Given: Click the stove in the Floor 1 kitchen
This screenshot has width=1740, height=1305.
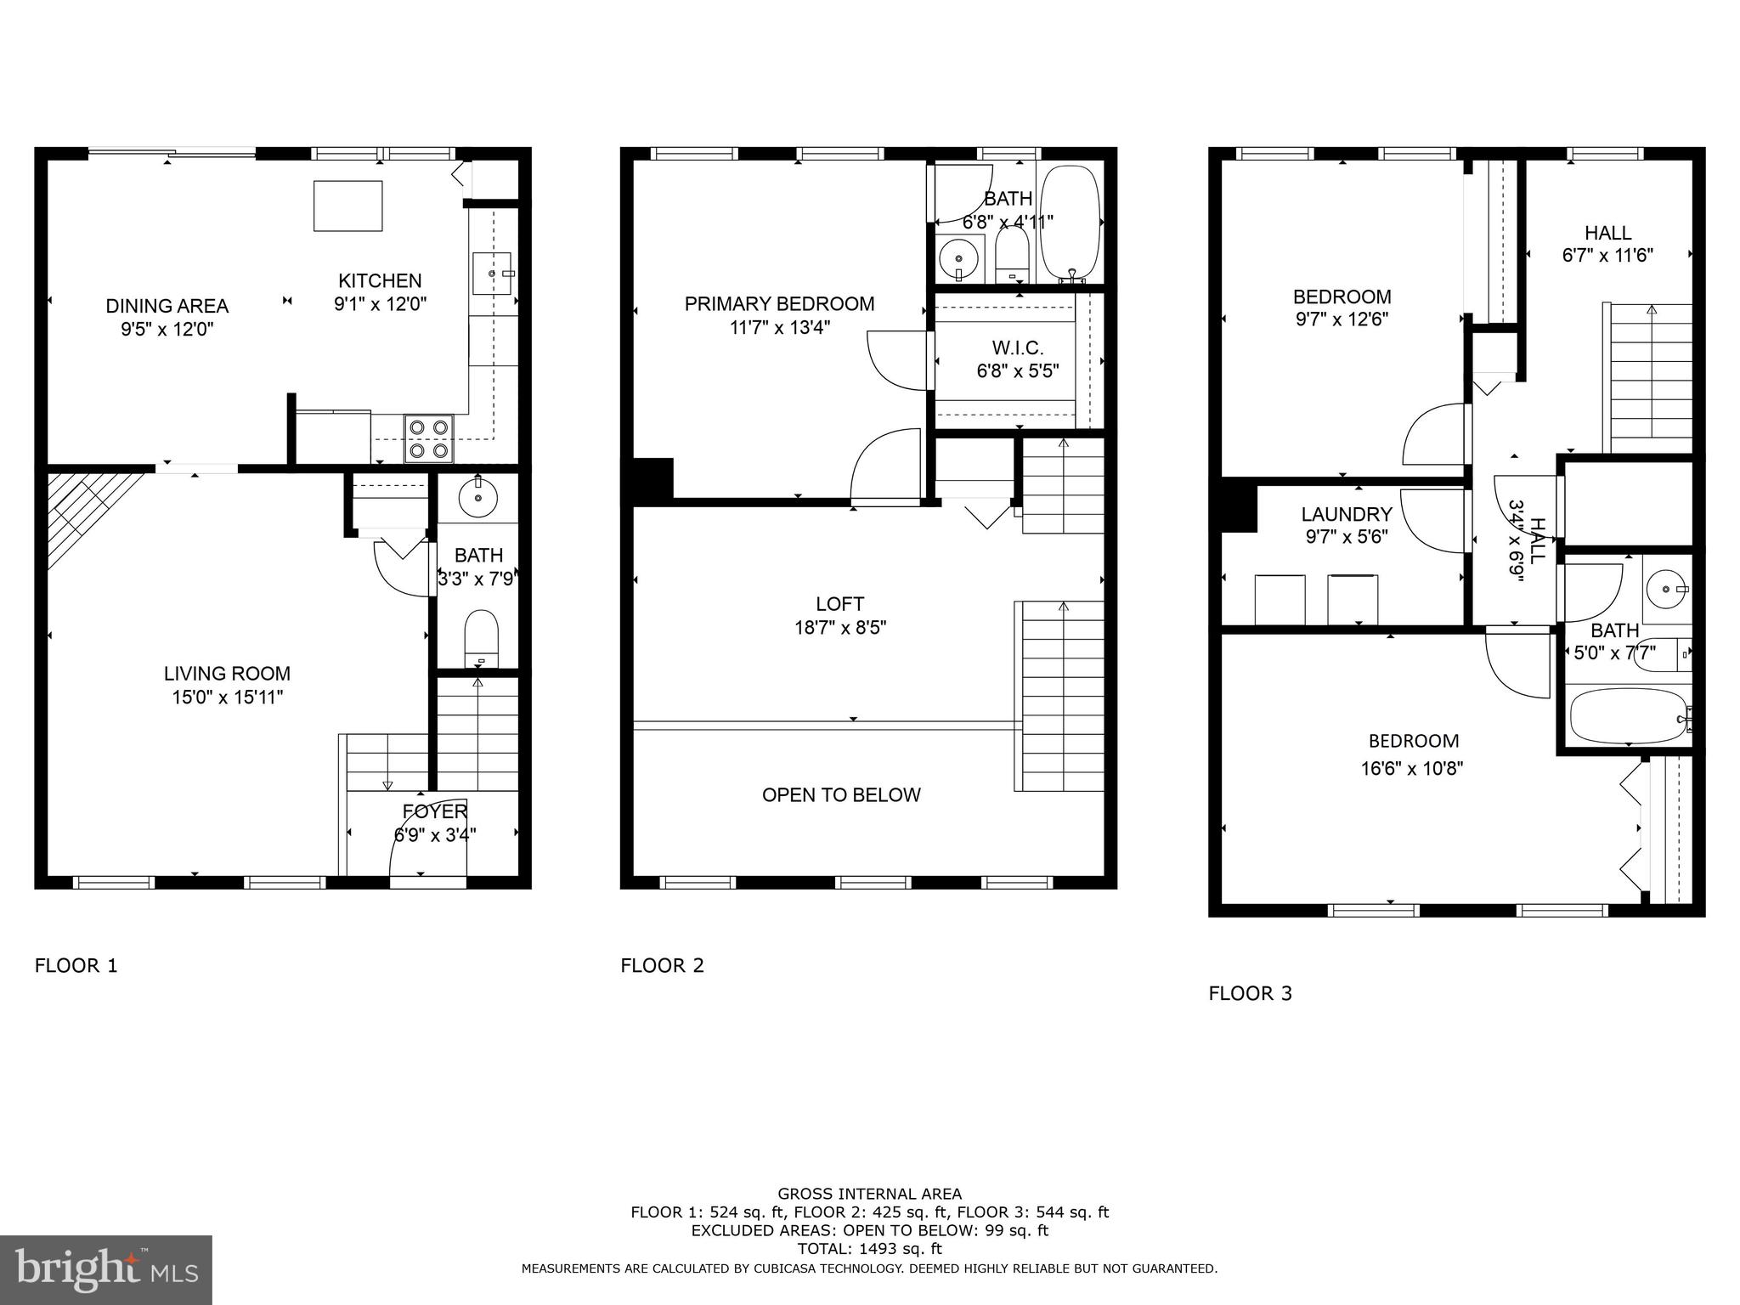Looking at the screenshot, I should [429, 438].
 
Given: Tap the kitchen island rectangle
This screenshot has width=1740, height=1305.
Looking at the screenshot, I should [347, 206].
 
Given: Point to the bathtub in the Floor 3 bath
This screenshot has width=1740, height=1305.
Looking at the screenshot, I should [1627, 716].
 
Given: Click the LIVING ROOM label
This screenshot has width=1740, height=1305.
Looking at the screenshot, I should [227, 674].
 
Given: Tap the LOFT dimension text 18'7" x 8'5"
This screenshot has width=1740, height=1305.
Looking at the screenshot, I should [841, 628].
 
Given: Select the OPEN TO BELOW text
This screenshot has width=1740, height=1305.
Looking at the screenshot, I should [841, 795].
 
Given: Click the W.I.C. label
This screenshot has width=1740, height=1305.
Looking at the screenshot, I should [1017, 348].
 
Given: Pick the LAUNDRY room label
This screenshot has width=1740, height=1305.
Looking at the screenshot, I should [1347, 514].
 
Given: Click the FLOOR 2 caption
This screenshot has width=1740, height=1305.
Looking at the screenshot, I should [663, 966].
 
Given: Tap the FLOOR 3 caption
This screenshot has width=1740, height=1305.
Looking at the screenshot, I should [1250, 993].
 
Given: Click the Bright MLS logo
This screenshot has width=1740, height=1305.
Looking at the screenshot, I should [106, 1269].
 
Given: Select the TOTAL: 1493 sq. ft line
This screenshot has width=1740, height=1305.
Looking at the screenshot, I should [869, 1249].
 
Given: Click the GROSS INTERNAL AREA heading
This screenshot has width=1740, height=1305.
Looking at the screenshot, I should [869, 1194].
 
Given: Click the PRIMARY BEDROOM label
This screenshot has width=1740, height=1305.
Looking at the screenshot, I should [779, 304].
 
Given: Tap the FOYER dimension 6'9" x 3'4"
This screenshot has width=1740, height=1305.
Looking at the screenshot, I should [435, 835].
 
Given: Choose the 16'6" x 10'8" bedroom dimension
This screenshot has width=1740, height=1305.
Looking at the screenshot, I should [1411, 769].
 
